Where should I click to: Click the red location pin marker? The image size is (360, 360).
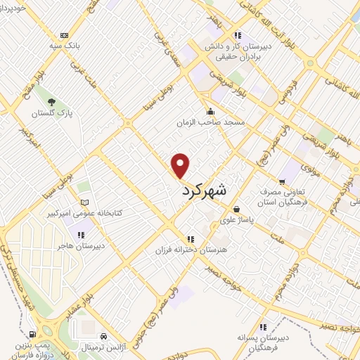[x=181, y=165]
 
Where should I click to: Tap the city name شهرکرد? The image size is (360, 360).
[x=205, y=190]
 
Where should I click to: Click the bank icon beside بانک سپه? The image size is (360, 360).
[x=65, y=35]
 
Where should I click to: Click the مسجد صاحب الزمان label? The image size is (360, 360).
[x=210, y=122]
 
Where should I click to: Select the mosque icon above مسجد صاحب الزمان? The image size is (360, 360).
[x=210, y=111]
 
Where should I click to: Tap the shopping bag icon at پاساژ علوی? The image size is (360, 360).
[x=236, y=209]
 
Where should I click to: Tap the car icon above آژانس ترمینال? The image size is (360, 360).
[x=104, y=336]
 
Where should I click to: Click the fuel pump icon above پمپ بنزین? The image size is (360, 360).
[x=33, y=334]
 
